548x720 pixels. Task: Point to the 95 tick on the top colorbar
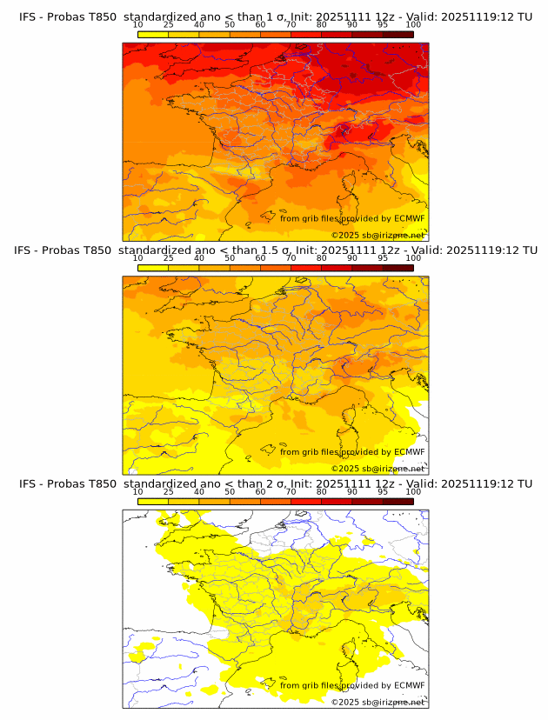pyautogui.click(x=383, y=25)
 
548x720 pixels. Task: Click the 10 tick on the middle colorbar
pyautogui.click(x=137, y=258)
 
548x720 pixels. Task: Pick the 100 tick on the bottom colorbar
pyautogui.click(x=413, y=491)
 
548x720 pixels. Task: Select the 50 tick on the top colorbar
pyautogui.click(x=230, y=25)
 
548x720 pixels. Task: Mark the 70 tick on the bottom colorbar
pyautogui.click(x=291, y=491)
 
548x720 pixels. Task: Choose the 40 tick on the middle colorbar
pyautogui.click(x=199, y=258)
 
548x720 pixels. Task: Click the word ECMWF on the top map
pyautogui.click(x=409, y=219)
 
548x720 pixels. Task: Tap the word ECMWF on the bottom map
pyautogui.click(x=409, y=685)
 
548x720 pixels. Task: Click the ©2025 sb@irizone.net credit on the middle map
pyautogui.click(x=378, y=468)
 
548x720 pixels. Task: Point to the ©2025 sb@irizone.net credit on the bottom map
pyautogui.click(x=378, y=701)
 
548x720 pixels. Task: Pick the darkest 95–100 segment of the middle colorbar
pyautogui.click(x=398, y=267)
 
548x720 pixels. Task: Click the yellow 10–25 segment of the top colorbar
pyautogui.click(x=152, y=34)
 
